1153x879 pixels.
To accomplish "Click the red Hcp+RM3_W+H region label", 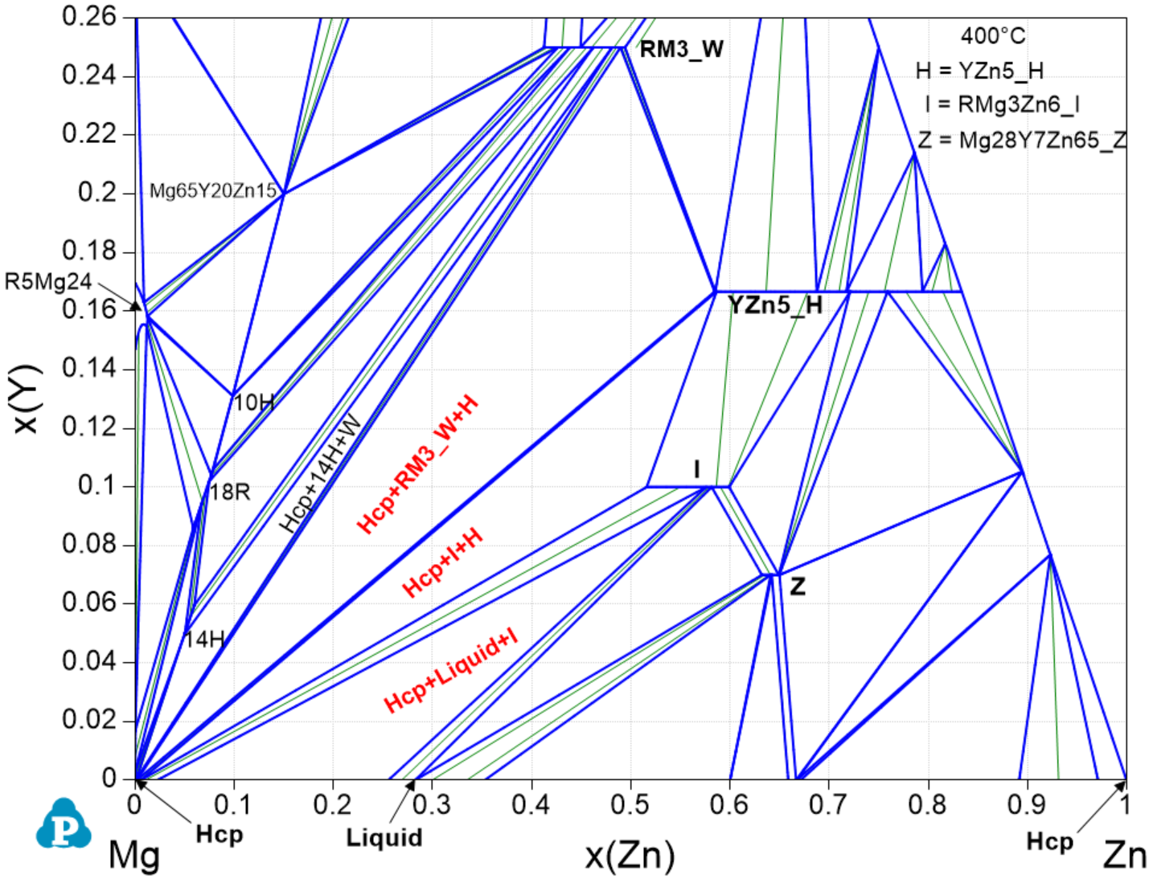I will click(x=418, y=465).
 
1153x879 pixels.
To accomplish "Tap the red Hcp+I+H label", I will click(x=442, y=562).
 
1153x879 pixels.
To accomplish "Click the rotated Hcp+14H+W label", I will click(x=321, y=474).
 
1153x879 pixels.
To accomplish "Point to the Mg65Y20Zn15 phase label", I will click(x=213, y=191).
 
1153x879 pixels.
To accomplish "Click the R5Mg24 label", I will click(x=48, y=282).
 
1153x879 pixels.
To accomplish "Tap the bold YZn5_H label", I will click(x=775, y=305).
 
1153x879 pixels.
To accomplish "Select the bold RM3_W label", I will click(x=682, y=50).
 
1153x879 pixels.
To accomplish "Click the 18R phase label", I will click(x=230, y=492).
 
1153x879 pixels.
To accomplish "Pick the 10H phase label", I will click(x=253, y=402).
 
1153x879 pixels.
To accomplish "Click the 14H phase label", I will click(x=204, y=640).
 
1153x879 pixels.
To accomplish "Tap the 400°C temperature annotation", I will click(x=993, y=36).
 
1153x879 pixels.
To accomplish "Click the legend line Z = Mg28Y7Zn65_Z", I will click(x=1022, y=141).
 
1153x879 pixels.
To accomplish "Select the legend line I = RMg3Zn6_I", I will click(x=1002, y=105).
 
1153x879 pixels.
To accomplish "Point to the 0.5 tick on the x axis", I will click(x=630, y=804).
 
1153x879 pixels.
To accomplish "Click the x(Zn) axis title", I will click(x=630, y=856).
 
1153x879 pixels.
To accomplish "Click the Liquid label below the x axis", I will click(x=384, y=838).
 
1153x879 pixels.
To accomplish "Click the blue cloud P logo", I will click(x=64, y=825).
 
